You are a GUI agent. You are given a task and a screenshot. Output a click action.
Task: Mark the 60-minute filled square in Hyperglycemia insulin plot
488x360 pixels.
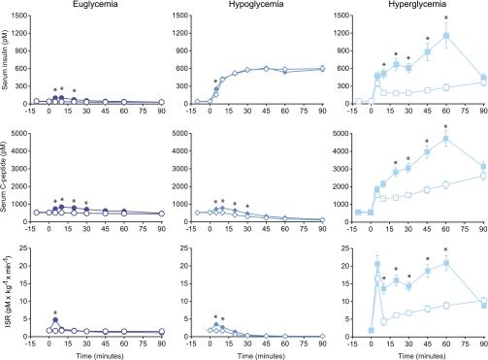[x=446, y=36]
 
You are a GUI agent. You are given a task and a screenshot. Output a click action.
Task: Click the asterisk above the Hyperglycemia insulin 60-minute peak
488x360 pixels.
[x=446, y=18]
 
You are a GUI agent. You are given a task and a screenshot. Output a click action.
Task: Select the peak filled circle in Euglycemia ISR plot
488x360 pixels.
[x=55, y=320]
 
